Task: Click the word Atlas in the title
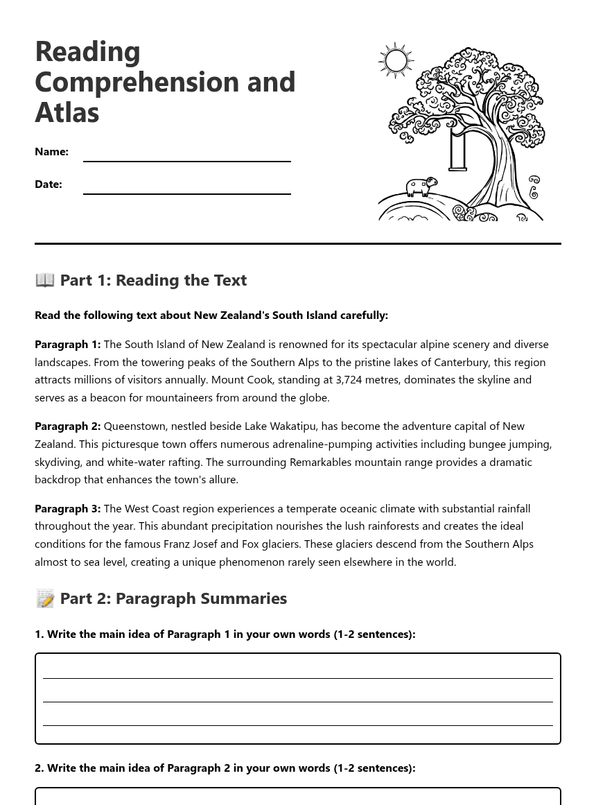[67, 112]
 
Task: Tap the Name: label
[51, 152]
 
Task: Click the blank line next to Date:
[186, 192]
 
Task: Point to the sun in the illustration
[396, 61]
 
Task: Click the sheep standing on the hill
[421, 187]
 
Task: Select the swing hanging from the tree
[457, 150]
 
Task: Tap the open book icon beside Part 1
[45, 279]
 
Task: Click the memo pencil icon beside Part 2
[45, 598]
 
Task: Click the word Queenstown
[136, 426]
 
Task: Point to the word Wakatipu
[291, 426]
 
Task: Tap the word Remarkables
[322, 462]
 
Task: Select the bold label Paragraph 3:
[67, 508]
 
